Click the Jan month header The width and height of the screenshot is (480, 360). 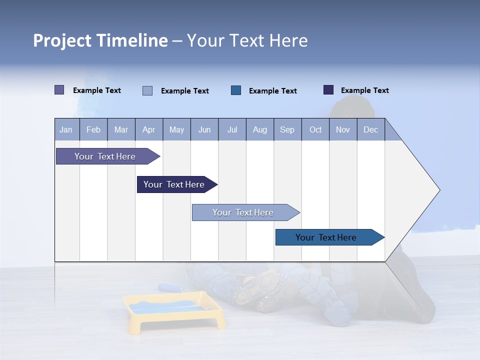click(66, 129)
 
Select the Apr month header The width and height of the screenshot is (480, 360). click(148, 129)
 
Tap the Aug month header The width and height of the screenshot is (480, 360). click(259, 129)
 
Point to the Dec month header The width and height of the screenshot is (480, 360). click(370, 129)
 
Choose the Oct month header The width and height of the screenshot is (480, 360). click(315, 129)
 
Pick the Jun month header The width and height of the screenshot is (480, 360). click(204, 129)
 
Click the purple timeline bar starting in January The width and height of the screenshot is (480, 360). click(105, 156)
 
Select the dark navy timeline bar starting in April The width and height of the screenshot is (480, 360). click(174, 184)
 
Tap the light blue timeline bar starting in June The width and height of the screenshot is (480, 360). click(243, 212)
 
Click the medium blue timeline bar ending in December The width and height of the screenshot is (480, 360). click(326, 237)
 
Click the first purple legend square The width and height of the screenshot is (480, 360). click(59, 90)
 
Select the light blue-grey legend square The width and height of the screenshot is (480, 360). click(147, 90)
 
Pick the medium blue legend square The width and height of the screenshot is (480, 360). click(236, 90)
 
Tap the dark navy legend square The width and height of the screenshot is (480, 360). click(328, 90)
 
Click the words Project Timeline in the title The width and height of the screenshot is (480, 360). click(100, 40)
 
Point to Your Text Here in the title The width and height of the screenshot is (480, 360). click(247, 40)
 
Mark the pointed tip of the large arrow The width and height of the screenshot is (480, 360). click(439, 190)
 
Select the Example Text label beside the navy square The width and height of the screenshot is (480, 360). click(364, 90)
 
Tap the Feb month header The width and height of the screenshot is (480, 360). click(93, 129)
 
